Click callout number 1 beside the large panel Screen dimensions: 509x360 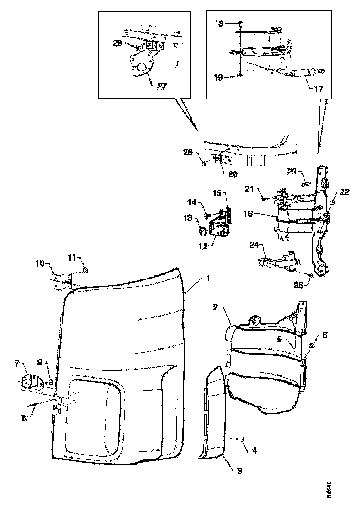pyautogui.click(x=209, y=278)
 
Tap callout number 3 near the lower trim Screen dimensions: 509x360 pyautogui.click(x=239, y=471)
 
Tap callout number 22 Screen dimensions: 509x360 pyautogui.click(x=344, y=192)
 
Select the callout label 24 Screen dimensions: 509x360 pyautogui.click(x=254, y=244)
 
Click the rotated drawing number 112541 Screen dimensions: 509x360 pyautogui.click(x=328, y=490)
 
